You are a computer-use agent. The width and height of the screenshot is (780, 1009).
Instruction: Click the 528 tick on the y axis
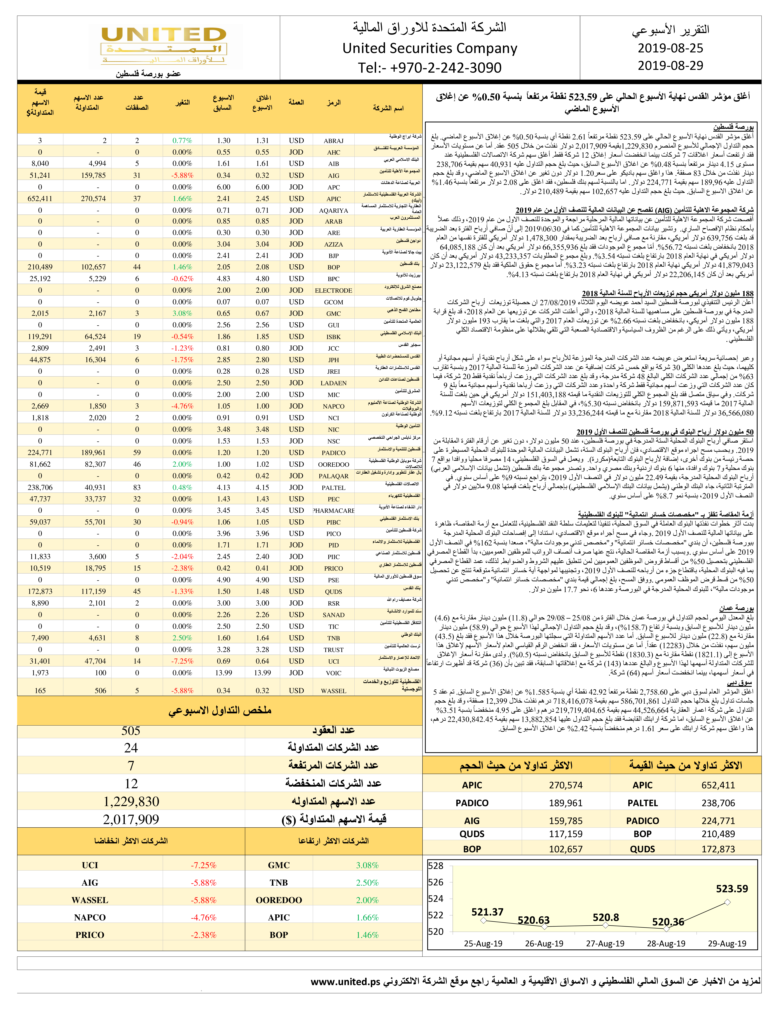[436, 866]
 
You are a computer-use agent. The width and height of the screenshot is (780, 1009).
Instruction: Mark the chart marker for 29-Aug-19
[727, 902]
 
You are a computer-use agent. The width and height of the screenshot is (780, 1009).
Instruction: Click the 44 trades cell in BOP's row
[137, 267]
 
